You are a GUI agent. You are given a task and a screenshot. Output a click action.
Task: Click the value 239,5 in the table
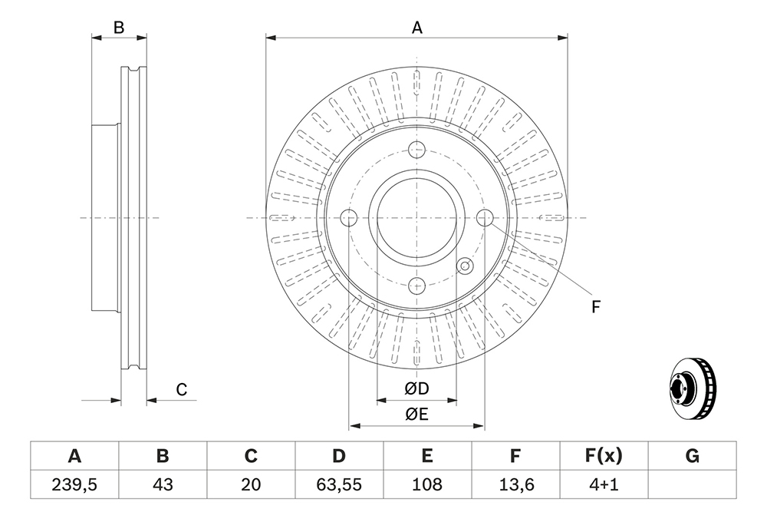coord(74,484)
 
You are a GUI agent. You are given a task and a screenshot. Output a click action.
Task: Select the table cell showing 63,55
coord(339,484)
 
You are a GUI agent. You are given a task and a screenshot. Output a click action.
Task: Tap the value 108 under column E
coord(427,484)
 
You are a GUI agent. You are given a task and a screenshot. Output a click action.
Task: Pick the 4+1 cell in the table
coord(604,484)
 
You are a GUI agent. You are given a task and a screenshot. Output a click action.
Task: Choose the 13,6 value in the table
coord(515,484)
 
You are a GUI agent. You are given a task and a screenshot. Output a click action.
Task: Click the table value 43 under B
coord(163,484)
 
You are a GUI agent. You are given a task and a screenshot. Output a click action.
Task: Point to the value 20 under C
coord(251,484)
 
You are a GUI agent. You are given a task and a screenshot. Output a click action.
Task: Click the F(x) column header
coord(604,456)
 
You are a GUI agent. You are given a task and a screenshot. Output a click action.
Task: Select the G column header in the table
coord(692,456)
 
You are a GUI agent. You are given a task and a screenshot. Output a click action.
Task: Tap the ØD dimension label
coord(416,388)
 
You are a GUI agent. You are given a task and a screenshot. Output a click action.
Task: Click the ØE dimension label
coord(416,414)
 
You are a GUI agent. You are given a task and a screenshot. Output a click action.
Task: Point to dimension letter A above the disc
coord(416,28)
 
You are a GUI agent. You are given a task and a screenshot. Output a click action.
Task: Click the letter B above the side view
coord(119,28)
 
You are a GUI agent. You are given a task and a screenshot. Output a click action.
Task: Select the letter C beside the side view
coord(182,390)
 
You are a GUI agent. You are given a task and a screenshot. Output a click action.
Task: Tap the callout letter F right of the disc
coord(595,307)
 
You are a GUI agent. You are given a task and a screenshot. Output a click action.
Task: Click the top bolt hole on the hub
coord(416,149)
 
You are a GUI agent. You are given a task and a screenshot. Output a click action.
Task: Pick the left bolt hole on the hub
coord(349,217)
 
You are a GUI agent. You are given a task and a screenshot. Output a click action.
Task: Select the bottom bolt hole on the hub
coord(416,285)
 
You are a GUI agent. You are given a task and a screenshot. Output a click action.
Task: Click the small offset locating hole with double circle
coord(465,266)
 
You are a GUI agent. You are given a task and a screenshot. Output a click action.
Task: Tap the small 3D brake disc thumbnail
coord(693,388)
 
